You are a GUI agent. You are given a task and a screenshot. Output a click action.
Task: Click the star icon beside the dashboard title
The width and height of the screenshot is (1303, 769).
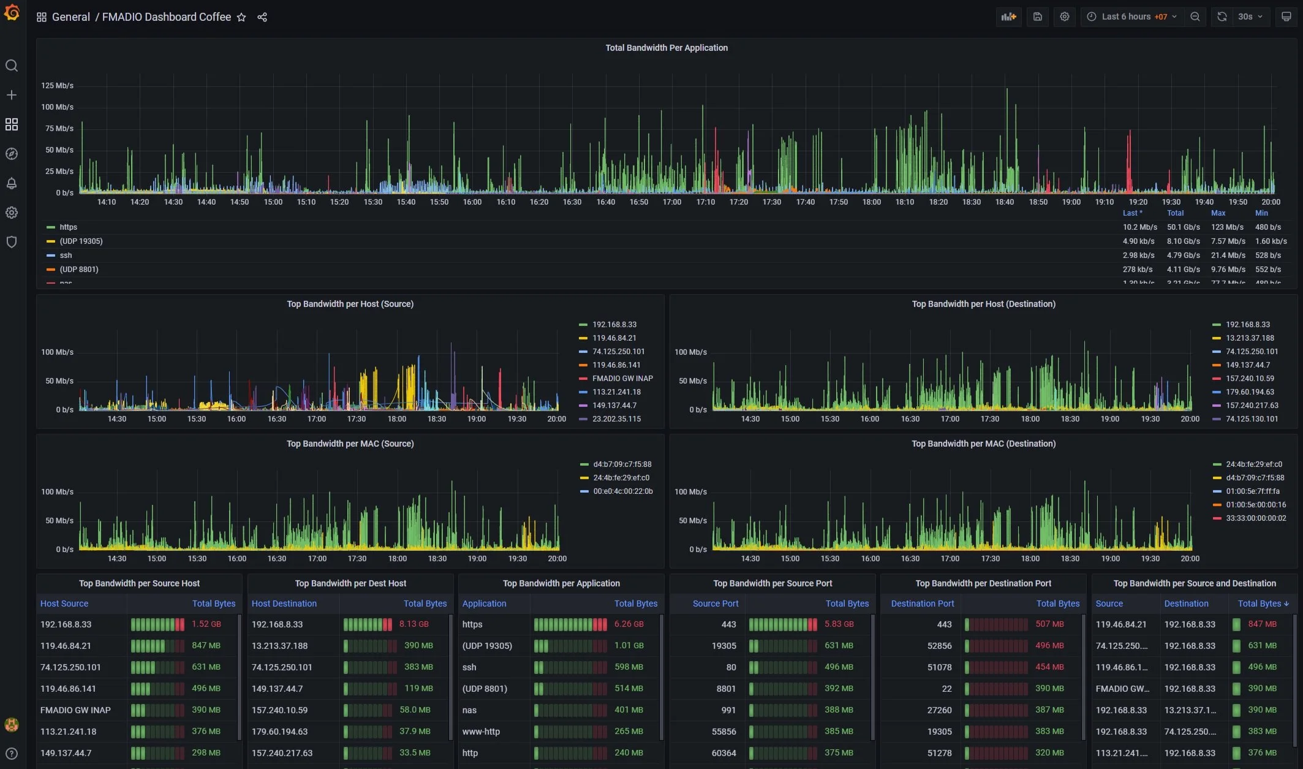click(x=241, y=17)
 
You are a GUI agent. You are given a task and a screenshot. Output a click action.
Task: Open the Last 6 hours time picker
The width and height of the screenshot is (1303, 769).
click(x=1133, y=17)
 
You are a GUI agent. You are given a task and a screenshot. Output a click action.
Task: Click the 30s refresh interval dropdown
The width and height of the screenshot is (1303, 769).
click(x=1250, y=17)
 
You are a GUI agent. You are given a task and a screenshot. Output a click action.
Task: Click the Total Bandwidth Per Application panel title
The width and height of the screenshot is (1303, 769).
click(x=666, y=48)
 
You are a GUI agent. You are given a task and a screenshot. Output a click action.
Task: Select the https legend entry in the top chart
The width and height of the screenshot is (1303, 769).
click(x=68, y=227)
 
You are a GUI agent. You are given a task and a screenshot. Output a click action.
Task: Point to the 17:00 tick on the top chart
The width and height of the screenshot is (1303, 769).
click(x=671, y=202)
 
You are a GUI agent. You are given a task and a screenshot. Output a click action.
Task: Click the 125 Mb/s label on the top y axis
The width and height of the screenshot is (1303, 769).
click(x=57, y=86)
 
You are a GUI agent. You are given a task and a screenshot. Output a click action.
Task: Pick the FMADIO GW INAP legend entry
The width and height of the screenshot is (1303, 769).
click(x=622, y=379)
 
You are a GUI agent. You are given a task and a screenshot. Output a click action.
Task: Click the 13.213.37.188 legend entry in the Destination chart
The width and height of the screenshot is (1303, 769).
click(x=1249, y=338)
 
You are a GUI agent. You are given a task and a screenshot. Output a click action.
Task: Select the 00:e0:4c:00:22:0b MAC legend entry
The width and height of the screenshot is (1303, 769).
click(x=622, y=491)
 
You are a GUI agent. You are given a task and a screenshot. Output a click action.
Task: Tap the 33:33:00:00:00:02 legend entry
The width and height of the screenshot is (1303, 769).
click(x=1255, y=518)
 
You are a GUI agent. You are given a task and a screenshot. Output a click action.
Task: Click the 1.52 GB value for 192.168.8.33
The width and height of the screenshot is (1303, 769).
click(x=206, y=624)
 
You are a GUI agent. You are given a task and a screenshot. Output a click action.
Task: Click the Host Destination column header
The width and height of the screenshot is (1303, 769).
click(x=284, y=604)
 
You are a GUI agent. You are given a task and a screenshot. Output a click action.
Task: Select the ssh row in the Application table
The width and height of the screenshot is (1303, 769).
click(x=469, y=667)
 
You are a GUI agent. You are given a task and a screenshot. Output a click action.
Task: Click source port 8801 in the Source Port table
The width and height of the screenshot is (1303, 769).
click(x=726, y=689)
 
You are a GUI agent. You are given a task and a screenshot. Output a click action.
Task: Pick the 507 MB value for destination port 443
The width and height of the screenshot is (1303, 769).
click(x=1049, y=624)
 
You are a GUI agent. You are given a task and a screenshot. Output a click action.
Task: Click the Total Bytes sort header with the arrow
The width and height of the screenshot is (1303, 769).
click(x=1263, y=604)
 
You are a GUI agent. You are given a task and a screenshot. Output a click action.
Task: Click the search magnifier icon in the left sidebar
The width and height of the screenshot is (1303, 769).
click(x=12, y=66)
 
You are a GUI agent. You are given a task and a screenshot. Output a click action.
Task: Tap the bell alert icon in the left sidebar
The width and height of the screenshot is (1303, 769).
click(x=12, y=183)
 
